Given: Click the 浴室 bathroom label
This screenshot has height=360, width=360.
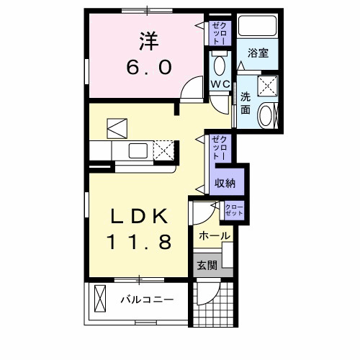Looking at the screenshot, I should [x=258, y=53].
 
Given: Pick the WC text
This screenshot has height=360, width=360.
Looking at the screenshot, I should [x=220, y=85].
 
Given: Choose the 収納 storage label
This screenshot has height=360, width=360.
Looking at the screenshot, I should [x=225, y=183].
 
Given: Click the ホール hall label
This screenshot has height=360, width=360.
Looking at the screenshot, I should [x=214, y=235].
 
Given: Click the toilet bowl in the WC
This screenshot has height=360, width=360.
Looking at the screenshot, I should [x=220, y=64].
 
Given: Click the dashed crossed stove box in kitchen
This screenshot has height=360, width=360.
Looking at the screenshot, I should [x=165, y=151].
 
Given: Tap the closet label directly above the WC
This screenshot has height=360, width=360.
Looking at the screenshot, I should [x=219, y=33].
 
